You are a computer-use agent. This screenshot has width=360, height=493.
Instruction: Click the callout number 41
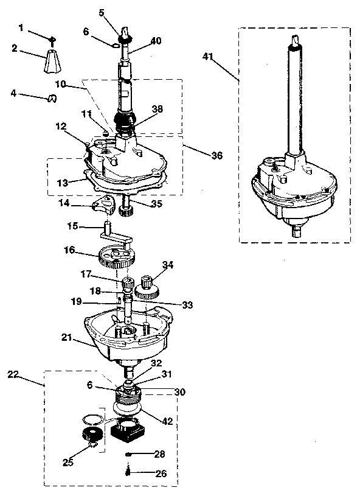(209, 57)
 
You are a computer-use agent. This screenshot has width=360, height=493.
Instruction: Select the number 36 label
(216, 156)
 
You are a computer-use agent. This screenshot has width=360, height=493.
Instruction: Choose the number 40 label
(156, 41)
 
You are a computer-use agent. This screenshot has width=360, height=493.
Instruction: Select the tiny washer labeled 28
(128, 453)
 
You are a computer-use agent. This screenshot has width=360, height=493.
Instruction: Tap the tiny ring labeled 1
(53, 40)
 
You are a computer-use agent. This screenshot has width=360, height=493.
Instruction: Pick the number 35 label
(156, 205)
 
